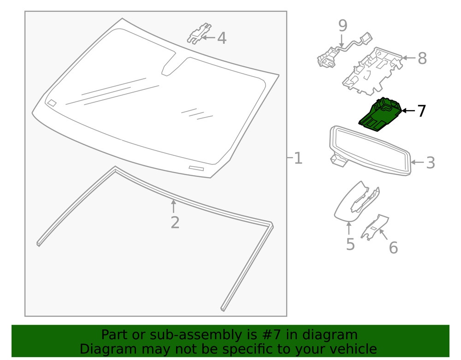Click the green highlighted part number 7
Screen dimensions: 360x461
(381, 115)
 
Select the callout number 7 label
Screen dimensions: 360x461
(421, 111)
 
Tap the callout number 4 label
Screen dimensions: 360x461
(222, 38)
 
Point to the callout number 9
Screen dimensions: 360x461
(342, 25)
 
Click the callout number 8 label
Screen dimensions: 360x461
(422, 59)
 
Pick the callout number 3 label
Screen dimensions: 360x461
(430, 162)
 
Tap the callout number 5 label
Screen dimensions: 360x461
(350, 244)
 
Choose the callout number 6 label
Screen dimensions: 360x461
(393, 248)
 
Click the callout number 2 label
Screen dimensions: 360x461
(175, 222)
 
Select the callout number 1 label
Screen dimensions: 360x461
(298, 158)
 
